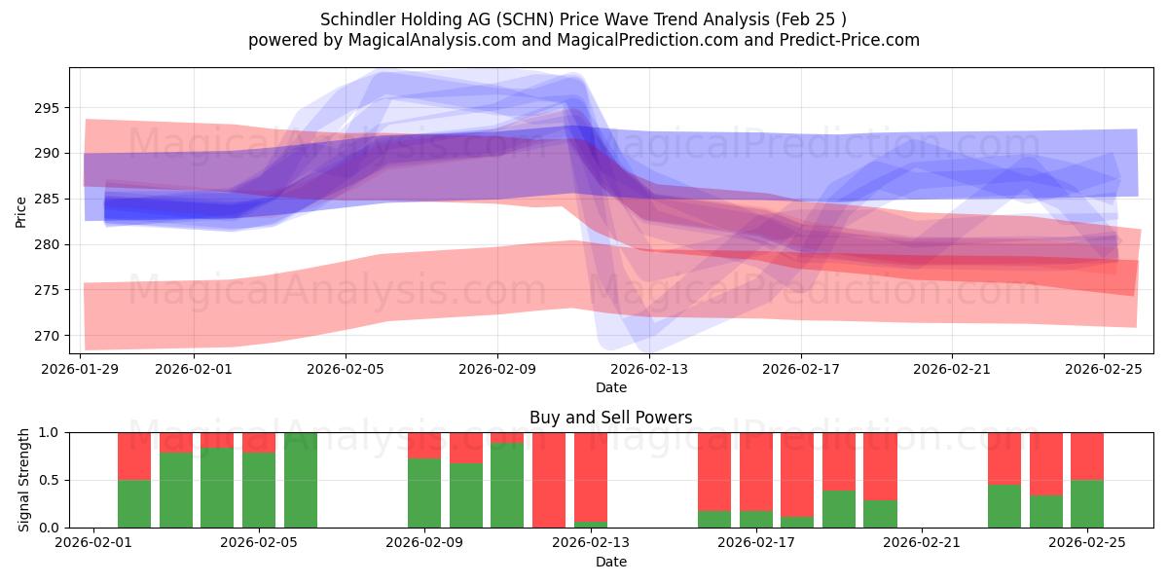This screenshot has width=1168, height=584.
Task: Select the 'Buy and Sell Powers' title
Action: [x=610, y=418]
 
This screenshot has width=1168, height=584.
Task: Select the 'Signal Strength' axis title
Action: [x=24, y=480]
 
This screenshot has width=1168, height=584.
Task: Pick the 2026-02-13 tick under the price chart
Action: [x=649, y=369]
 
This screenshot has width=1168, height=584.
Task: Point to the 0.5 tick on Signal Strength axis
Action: [x=50, y=480]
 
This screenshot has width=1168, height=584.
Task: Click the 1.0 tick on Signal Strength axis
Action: [x=50, y=432]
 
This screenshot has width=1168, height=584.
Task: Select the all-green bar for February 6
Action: [x=301, y=480]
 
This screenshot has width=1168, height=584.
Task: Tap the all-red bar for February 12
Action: [x=549, y=480]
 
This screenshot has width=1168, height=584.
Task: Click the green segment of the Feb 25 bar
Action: [x=1087, y=503]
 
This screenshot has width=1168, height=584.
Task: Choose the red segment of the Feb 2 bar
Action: [x=134, y=456]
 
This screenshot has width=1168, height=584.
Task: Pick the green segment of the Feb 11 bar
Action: [x=507, y=485]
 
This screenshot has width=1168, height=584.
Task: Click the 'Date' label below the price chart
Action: [x=610, y=387]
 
